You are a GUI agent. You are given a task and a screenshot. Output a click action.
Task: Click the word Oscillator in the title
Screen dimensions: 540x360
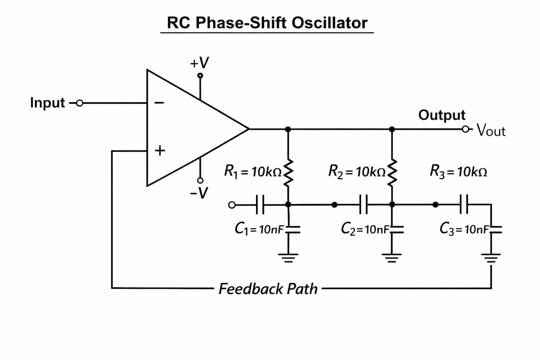click(x=329, y=23)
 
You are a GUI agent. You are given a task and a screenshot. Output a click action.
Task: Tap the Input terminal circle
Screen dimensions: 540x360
click(x=79, y=103)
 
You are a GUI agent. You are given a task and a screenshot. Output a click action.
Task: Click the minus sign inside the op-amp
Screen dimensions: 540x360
click(x=159, y=103)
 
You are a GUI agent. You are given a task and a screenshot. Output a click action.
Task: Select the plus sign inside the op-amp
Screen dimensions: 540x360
click(x=160, y=151)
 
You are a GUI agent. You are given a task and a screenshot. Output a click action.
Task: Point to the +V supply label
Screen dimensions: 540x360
click(x=199, y=63)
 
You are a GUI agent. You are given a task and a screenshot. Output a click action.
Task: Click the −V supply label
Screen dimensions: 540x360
click(x=199, y=193)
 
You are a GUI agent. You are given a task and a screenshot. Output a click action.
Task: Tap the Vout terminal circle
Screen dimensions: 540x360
click(x=465, y=129)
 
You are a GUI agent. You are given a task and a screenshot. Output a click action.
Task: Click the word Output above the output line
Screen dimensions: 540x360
click(x=442, y=115)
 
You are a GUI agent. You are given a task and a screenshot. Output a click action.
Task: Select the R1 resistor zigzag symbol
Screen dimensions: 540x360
click(x=288, y=173)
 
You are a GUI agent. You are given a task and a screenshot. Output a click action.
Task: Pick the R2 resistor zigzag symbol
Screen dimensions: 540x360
click(x=392, y=173)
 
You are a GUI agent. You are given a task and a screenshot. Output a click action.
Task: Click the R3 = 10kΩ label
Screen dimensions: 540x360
click(x=458, y=172)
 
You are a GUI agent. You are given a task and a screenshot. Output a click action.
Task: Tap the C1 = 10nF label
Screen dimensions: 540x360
click(x=259, y=229)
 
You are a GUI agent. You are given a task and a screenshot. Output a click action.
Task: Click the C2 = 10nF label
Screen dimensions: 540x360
click(x=365, y=229)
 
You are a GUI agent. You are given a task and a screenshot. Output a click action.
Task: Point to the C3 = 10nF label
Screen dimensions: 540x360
click(x=464, y=229)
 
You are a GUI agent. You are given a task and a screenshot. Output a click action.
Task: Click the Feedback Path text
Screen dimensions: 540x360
click(x=268, y=289)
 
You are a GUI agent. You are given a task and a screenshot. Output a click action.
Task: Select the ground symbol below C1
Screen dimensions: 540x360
click(x=288, y=258)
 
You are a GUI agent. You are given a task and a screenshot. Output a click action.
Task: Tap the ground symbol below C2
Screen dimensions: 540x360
click(x=392, y=258)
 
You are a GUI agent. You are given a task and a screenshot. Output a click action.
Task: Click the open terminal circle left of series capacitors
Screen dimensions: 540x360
click(x=232, y=205)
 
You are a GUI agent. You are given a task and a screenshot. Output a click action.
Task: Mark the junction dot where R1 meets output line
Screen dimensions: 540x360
click(x=288, y=129)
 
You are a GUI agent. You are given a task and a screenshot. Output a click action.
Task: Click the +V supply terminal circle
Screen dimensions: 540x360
click(x=200, y=76)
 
